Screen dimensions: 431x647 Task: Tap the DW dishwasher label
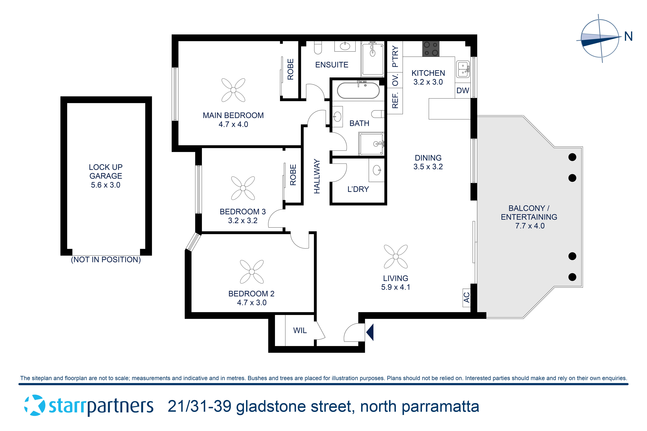463,90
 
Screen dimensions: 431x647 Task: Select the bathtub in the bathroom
358,90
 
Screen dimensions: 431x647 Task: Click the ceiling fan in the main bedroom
233,90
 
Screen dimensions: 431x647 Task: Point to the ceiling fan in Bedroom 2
252,272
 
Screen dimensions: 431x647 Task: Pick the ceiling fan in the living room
396,256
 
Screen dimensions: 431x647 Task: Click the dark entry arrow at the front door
370,332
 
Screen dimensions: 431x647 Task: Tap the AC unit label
467,297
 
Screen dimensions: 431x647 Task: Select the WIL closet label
300,330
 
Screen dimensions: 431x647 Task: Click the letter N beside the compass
628,36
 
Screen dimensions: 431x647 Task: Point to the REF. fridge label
395,101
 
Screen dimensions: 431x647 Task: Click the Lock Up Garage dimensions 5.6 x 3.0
106,185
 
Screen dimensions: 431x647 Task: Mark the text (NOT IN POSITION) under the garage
106,260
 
